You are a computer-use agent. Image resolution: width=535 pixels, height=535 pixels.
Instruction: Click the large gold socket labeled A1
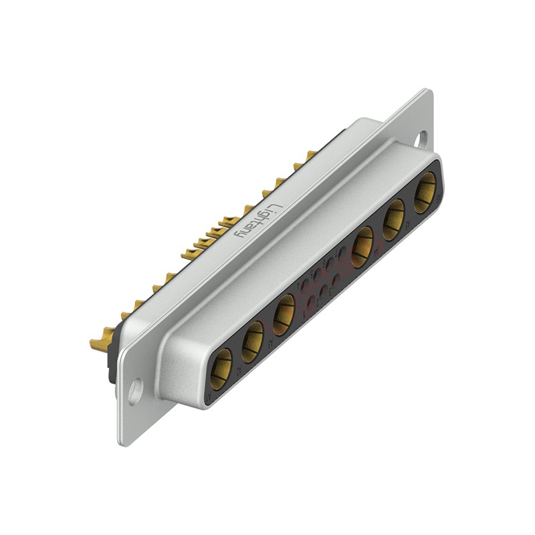[221, 369]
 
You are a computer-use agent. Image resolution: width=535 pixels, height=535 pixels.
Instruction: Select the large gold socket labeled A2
[252, 341]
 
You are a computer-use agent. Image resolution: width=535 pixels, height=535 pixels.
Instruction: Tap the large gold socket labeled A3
[284, 314]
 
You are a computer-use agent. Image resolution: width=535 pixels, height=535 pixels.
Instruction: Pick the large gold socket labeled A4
[362, 245]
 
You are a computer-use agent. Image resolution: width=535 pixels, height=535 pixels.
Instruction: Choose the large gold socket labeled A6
[425, 191]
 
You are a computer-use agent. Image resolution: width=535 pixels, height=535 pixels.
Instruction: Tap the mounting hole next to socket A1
[135, 391]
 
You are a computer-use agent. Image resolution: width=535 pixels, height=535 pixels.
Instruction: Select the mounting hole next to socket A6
[421, 138]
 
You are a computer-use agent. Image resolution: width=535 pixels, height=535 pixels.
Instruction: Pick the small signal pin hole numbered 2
[324, 292]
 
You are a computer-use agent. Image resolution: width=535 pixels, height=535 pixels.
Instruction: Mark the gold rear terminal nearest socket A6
[309, 156]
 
